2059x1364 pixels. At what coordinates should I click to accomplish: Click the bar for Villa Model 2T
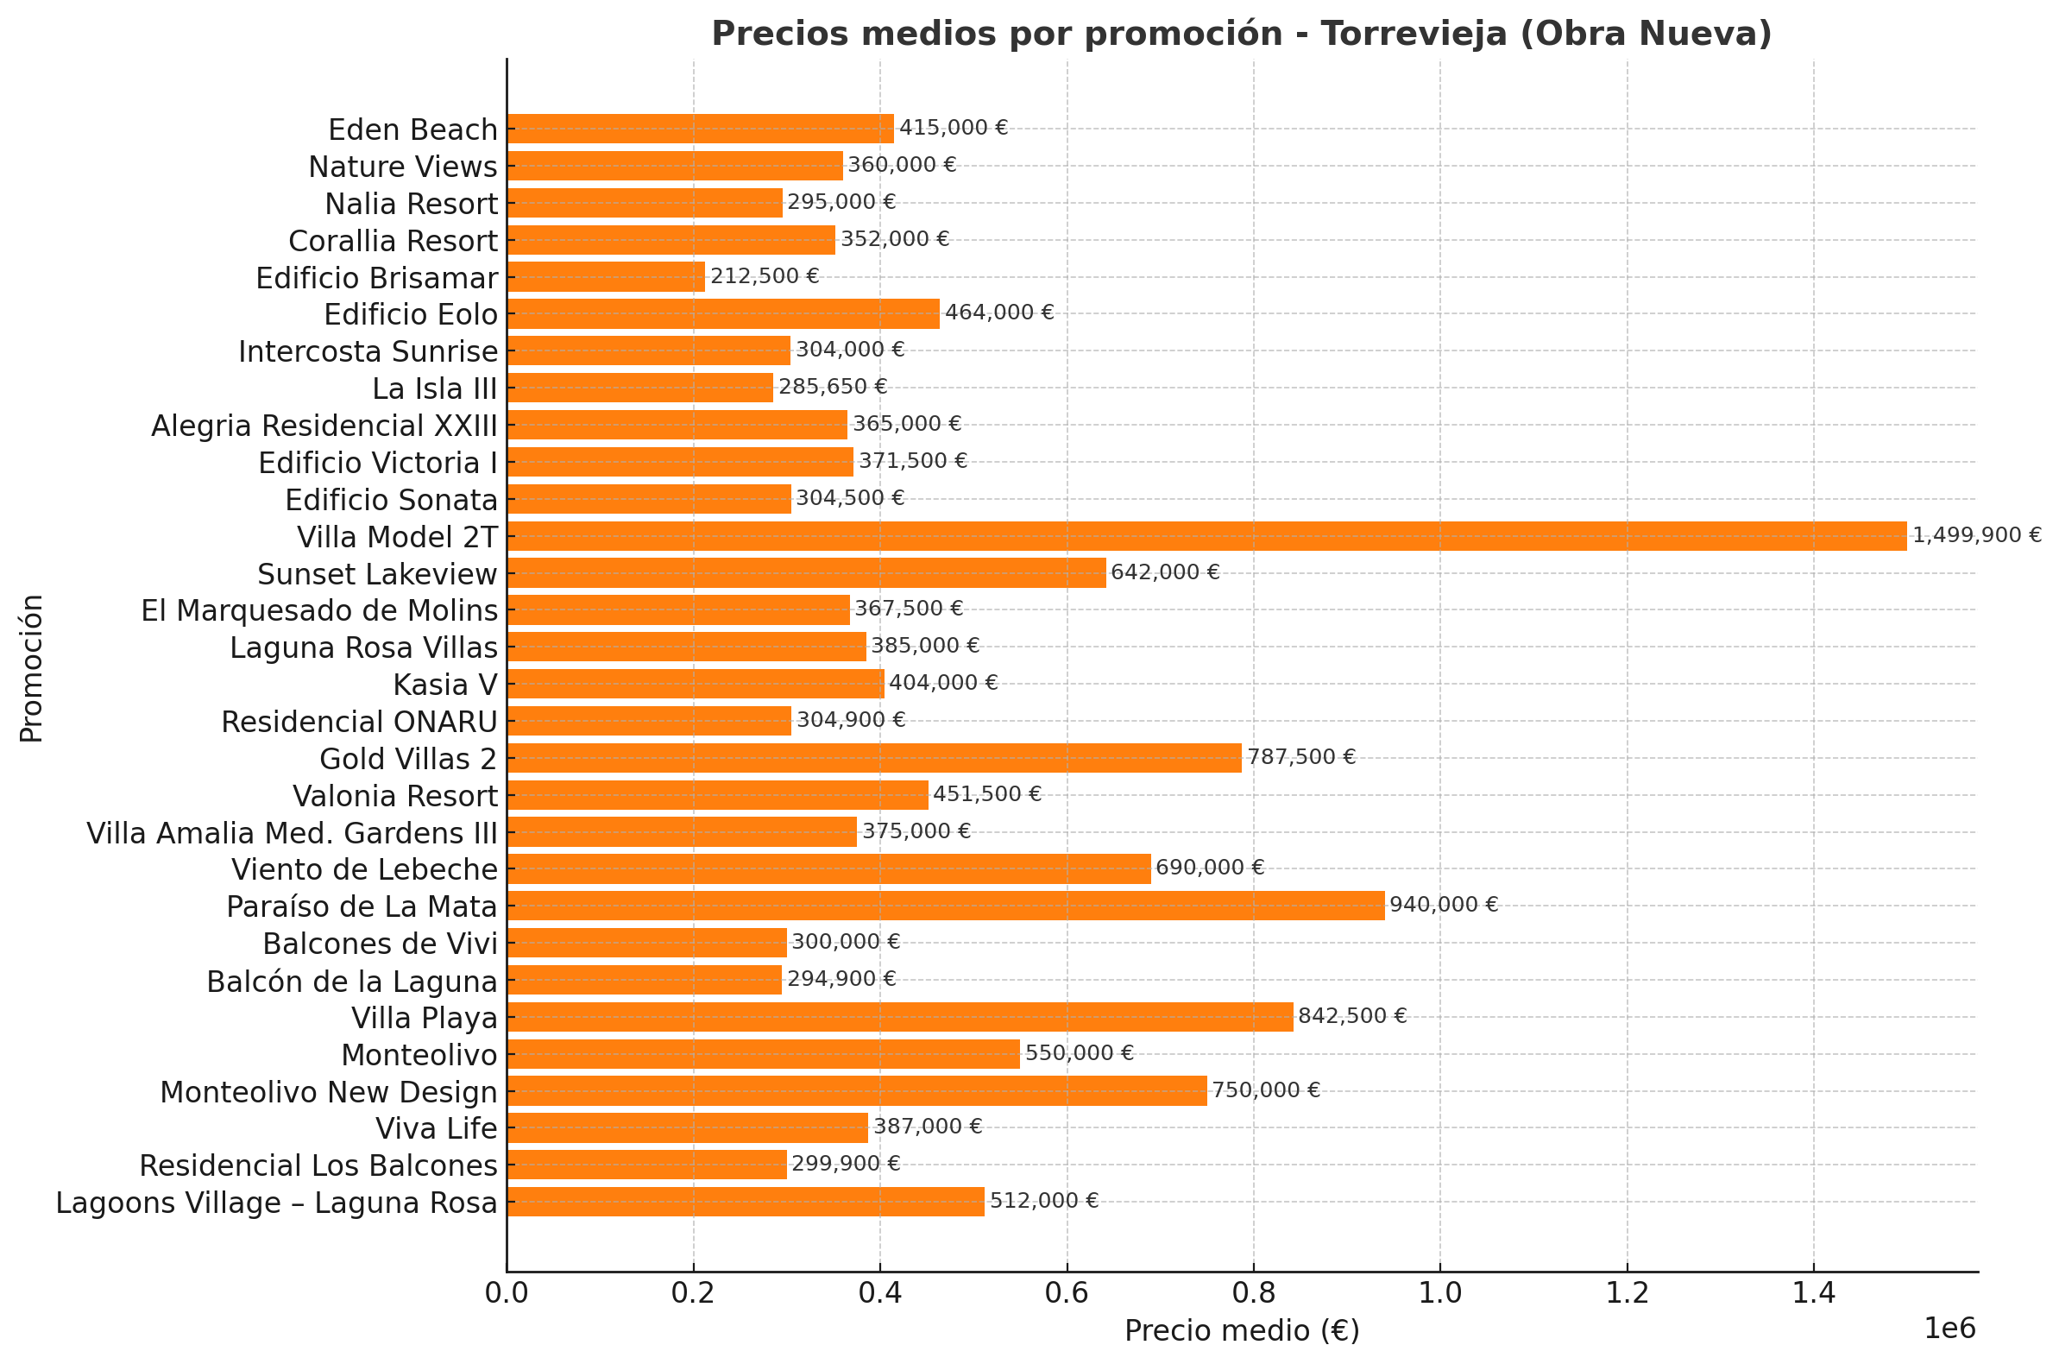coord(1206,536)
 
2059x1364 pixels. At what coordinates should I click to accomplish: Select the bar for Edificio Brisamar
coord(606,276)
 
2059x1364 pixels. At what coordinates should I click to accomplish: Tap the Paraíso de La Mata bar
coord(945,906)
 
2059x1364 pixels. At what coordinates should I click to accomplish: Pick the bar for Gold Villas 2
coord(874,758)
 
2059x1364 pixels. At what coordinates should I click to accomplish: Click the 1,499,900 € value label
coord(1976,536)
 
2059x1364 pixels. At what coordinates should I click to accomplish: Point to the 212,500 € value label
coord(765,276)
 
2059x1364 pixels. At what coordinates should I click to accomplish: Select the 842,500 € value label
coord(1352,1016)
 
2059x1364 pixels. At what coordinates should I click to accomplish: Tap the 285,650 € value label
coord(832,387)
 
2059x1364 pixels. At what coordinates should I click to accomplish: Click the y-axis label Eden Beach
coord(412,129)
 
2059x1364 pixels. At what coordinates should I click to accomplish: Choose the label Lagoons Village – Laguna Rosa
coord(276,1203)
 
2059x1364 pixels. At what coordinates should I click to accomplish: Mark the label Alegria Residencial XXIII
coord(324,426)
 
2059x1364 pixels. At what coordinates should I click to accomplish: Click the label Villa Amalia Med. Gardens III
coord(293,833)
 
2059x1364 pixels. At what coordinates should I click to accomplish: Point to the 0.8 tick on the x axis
coord(1253,1293)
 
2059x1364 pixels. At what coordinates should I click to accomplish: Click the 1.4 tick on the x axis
coord(1813,1293)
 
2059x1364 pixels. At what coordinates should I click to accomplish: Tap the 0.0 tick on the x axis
coord(507,1293)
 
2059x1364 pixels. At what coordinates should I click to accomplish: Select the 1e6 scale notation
coord(1949,1329)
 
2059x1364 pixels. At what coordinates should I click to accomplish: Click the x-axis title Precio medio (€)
coord(1242,1331)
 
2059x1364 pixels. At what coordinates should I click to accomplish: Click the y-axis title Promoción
coord(31,668)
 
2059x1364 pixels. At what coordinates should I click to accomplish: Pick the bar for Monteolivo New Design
coord(856,1091)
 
